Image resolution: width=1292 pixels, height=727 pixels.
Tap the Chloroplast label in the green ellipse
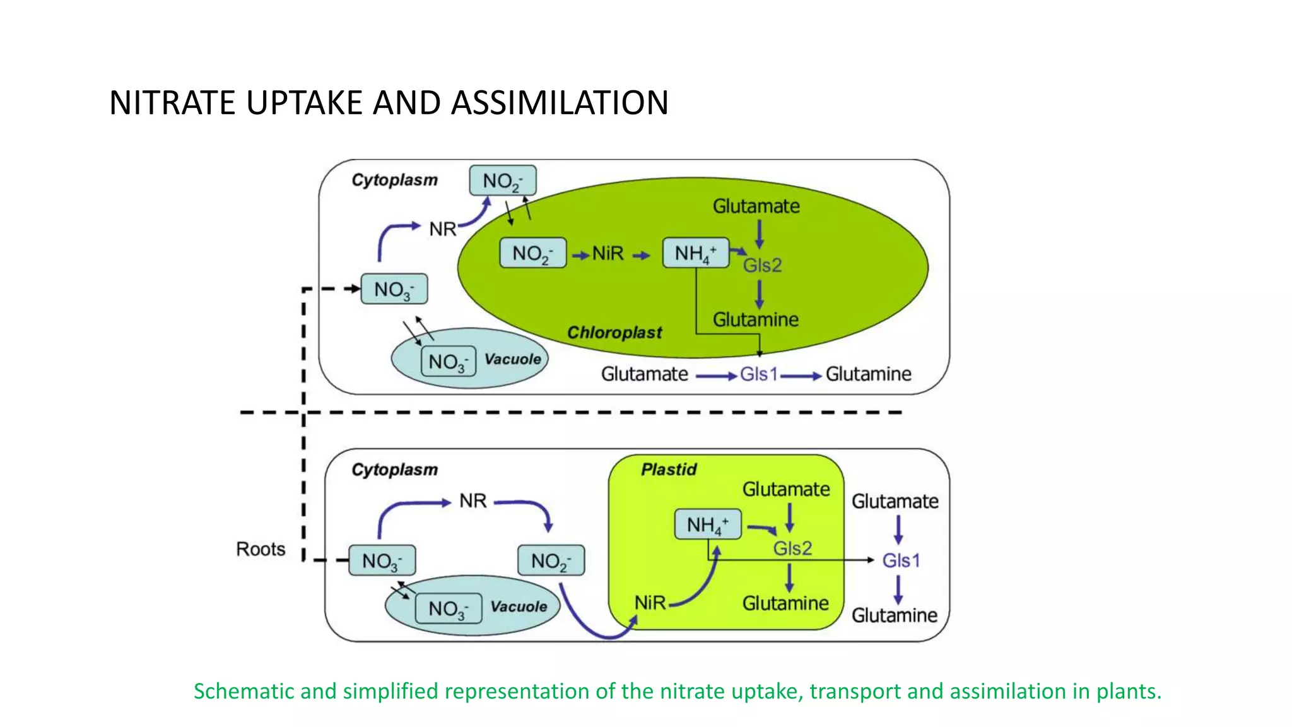coord(614,333)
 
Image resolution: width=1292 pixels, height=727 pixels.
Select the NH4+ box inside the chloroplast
coord(695,253)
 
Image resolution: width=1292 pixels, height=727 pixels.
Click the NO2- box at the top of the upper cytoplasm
coord(502,181)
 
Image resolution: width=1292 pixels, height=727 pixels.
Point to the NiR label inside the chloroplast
coord(608,254)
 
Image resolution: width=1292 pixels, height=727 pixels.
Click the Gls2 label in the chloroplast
coord(762,265)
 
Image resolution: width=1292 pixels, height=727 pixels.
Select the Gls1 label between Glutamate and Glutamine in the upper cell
coord(758,374)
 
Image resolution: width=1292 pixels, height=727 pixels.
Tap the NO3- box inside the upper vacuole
coord(448,362)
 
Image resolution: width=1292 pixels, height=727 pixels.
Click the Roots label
coord(261,549)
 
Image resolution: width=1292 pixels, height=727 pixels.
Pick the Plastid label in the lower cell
coord(669,470)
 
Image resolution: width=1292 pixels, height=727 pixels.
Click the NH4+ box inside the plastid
coord(707,524)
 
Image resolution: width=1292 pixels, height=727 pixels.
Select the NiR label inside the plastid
coord(650,603)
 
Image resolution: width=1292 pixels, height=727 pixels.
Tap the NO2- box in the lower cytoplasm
coord(551,561)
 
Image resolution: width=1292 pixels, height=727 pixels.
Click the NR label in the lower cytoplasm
coord(473,501)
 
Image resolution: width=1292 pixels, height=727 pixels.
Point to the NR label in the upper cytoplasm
coord(442,229)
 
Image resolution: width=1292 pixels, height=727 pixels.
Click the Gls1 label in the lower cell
coord(901,560)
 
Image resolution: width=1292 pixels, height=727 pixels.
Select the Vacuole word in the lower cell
coord(519,606)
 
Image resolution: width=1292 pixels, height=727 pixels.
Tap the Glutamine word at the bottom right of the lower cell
coord(894,615)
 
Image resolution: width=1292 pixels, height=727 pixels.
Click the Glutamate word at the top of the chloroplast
coord(756,206)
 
